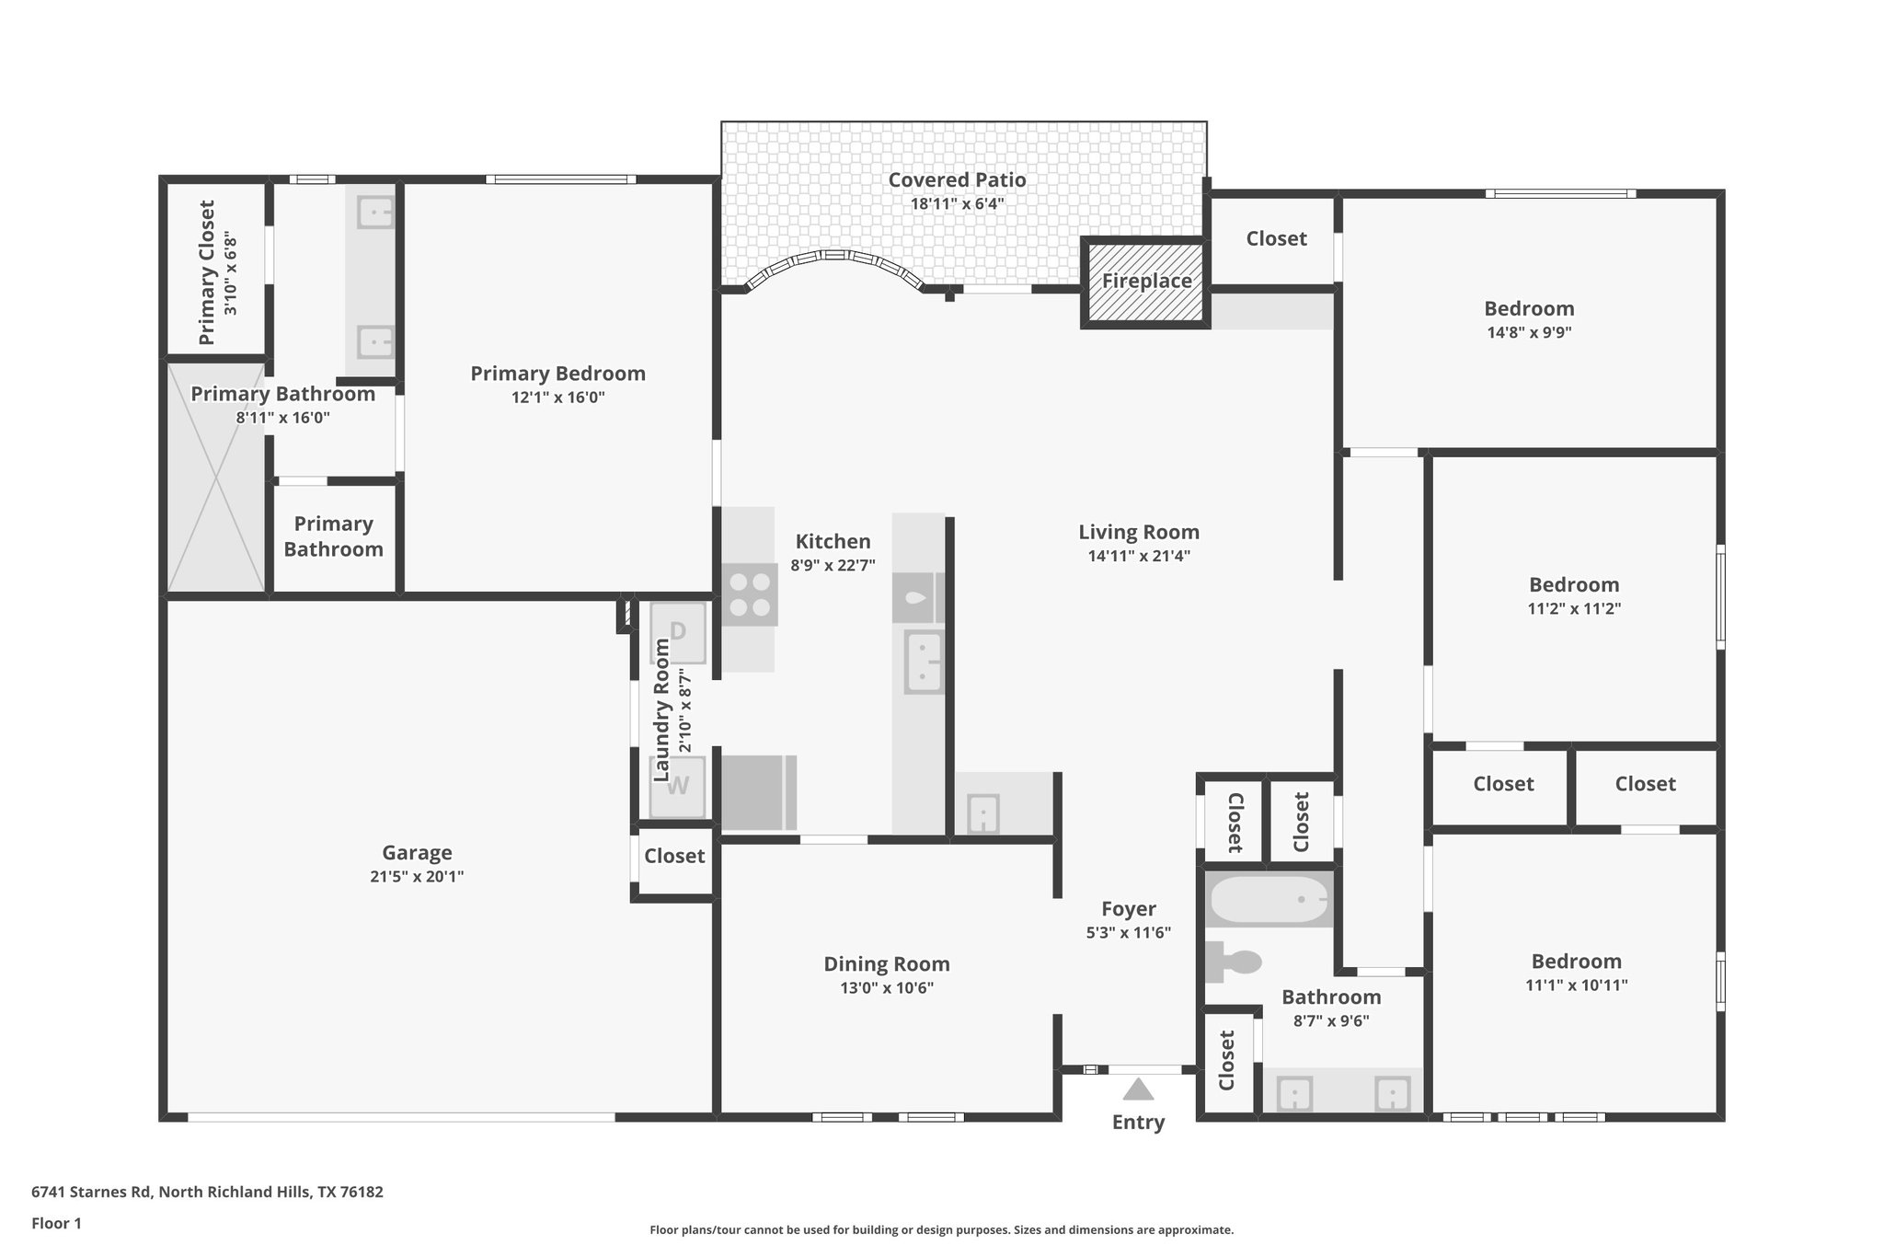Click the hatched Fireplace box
[1145, 282]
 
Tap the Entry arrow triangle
[1138, 1089]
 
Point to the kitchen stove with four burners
[749, 595]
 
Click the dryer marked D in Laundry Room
[678, 632]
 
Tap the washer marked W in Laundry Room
[678, 787]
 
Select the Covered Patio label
[957, 180]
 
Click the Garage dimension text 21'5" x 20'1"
[417, 877]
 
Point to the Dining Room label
[886, 964]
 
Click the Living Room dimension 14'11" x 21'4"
[1139, 556]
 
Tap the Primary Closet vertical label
[207, 272]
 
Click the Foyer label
[1128, 909]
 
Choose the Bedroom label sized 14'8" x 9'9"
[1529, 309]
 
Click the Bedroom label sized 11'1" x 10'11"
[1576, 962]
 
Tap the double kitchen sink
[923, 662]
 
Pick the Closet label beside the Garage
[674, 857]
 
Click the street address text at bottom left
[207, 1192]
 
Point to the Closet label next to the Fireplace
[1276, 239]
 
